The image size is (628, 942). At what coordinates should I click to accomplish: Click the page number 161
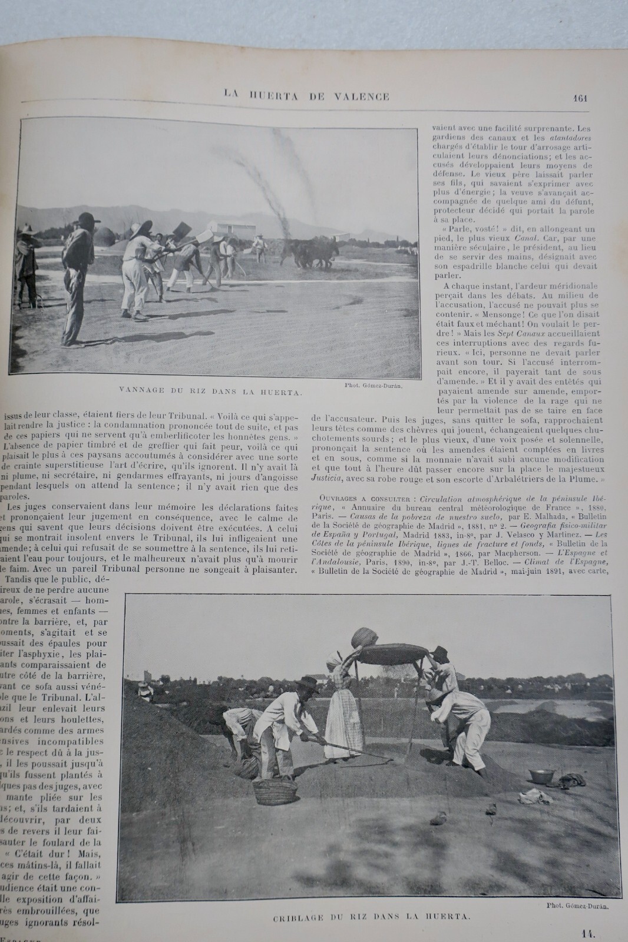[579, 98]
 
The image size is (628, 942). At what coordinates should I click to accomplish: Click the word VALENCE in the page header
[359, 97]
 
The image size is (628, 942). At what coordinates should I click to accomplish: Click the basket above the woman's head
[364, 638]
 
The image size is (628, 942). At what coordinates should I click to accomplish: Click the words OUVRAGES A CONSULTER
[356, 498]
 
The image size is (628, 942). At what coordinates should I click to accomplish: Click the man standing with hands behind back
[77, 277]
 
